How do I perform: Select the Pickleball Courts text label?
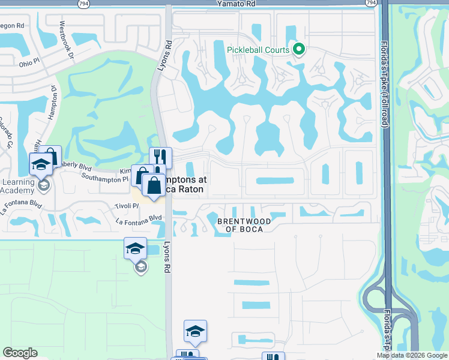[x=259, y=50]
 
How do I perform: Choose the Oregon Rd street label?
[x=12, y=26]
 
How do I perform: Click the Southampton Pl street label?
[x=104, y=178]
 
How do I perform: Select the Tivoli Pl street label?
[x=127, y=206]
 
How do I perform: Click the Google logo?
[x=20, y=353]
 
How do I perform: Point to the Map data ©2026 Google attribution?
[x=411, y=355]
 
